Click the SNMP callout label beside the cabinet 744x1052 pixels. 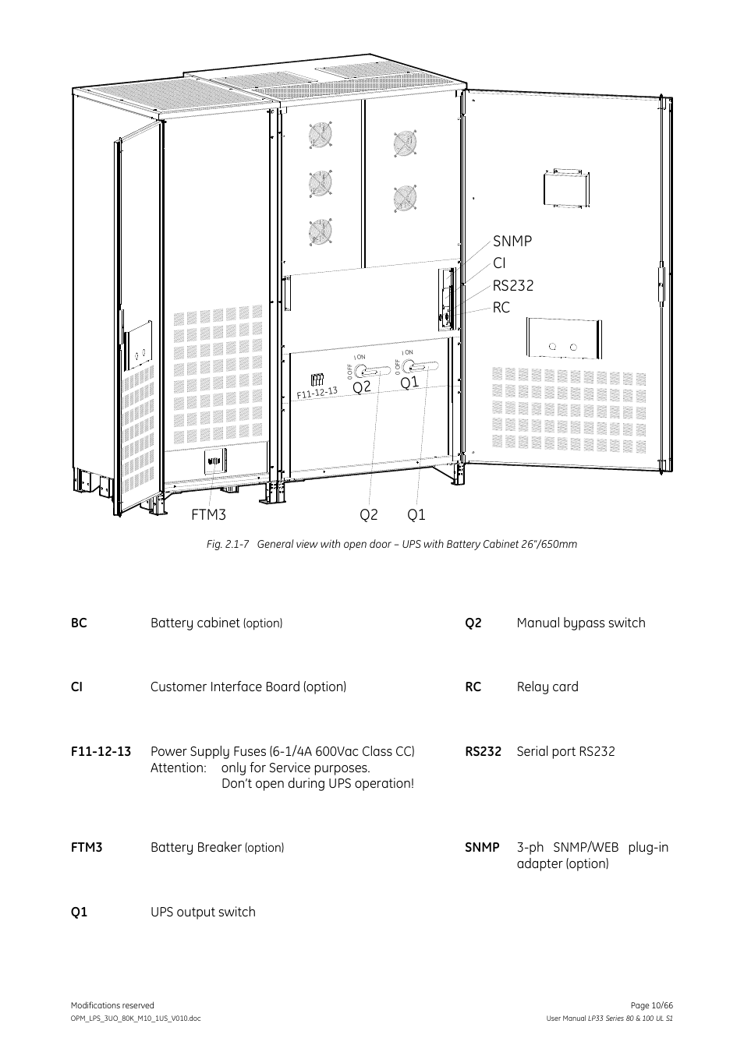(x=512, y=242)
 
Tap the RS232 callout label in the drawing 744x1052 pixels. (x=512, y=286)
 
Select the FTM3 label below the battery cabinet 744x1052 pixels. (x=208, y=515)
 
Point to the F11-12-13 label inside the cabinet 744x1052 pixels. (x=317, y=392)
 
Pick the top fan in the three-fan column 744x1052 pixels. (x=321, y=135)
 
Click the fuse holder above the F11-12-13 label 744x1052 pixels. (x=317, y=379)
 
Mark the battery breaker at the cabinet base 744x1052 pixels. (x=214, y=463)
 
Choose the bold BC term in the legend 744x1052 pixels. (x=79, y=623)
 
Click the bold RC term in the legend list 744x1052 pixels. (x=473, y=687)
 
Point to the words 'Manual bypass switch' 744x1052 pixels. (x=580, y=623)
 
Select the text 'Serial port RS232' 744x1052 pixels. (x=565, y=752)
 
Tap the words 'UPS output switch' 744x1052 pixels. (x=203, y=913)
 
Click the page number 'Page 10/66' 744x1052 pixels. (x=650, y=1006)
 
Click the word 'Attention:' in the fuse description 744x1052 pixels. (x=179, y=768)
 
